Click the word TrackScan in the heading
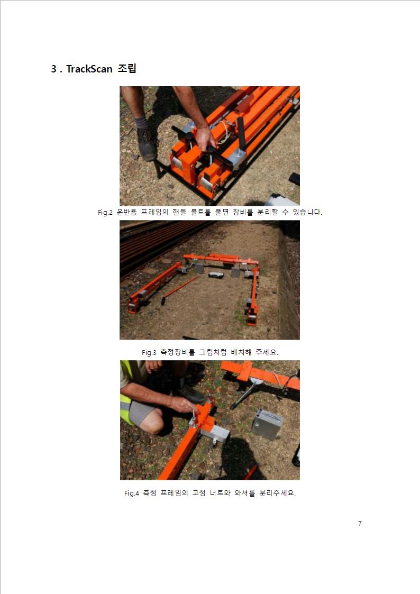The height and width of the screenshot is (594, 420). (x=89, y=69)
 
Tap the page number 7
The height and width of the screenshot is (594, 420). (x=360, y=523)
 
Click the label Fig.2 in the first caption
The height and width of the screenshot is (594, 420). (x=105, y=213)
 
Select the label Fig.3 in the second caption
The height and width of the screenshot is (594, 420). (x=149, y=352)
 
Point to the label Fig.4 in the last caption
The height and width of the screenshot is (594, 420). (x=131, y=493)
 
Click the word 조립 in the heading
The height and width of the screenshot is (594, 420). (x=127, y=69)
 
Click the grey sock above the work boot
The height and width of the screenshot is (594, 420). (x=141, y=122)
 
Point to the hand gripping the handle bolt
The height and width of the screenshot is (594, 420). (x=205, y=138)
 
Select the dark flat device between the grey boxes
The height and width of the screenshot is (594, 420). (x=216, y=275)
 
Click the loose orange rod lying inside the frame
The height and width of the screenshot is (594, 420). (x=179, y=290)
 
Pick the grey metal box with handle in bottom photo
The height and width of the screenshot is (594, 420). (x=267, y=424)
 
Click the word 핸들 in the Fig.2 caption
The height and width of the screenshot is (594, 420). (x=179, y=212)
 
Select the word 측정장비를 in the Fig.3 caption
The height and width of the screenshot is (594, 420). (x=177, y=352)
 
